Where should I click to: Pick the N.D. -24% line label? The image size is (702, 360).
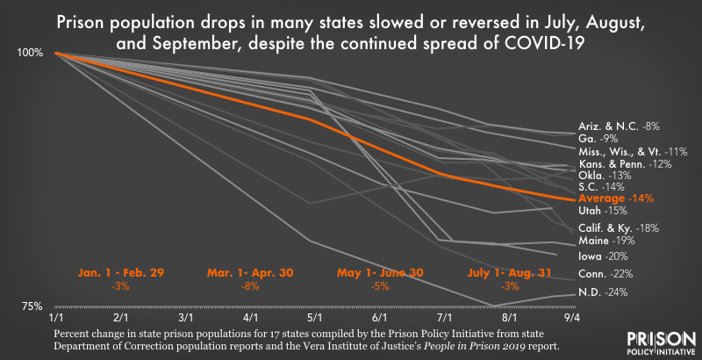601,292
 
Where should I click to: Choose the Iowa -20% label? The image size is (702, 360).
603,256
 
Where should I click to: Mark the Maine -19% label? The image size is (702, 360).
605,240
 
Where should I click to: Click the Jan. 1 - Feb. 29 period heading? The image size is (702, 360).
118,273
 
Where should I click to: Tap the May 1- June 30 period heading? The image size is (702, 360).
380,273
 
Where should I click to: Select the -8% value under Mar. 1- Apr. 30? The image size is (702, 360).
250,286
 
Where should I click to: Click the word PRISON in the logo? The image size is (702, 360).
657,340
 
